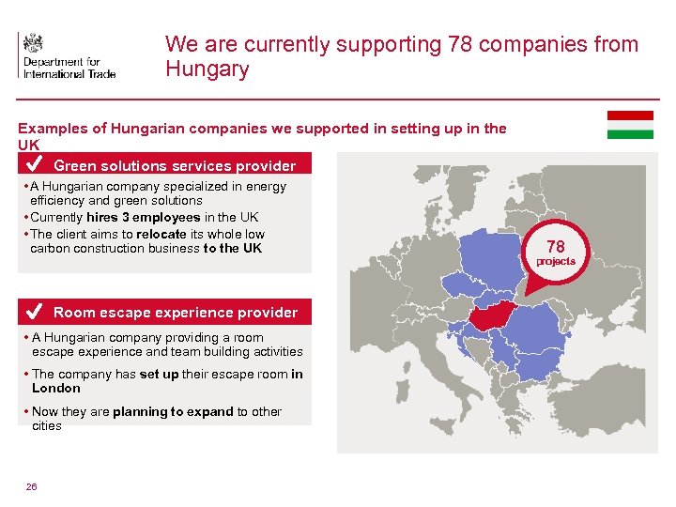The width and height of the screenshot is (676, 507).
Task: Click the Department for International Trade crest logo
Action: pos(34,43)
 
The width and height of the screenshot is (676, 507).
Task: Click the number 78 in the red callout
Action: pos(556,247)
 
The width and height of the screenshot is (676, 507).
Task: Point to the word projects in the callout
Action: pos(556,261)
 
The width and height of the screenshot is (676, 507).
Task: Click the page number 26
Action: pos(32,486)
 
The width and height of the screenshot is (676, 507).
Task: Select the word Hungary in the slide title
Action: pos(207,69)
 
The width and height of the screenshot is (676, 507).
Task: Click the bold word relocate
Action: pos(161,234)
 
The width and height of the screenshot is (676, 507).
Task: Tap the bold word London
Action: pos(56,388)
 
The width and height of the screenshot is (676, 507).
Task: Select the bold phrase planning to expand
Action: pos(173,411)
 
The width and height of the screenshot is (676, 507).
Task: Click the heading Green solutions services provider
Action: pos(175,166)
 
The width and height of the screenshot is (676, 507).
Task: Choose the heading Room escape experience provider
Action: pos(176,313)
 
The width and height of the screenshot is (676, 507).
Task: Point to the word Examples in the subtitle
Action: pos(51,129)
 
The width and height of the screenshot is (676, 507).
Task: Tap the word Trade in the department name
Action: pos(98,73)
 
